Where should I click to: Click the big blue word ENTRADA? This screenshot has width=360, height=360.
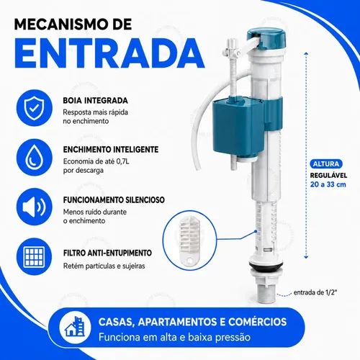click(x=109, y=53)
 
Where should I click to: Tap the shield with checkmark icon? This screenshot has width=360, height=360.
click(x=35, y=108)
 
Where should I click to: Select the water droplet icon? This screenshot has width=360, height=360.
click(x=35, y=158)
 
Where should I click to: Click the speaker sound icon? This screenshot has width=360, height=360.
click(x=35, y=207)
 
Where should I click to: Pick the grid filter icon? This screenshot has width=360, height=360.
click(x=35, y=256)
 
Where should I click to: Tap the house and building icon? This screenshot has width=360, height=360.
click(x=75, y=327)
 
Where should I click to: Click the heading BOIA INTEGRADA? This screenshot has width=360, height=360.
click(x=95, y=101)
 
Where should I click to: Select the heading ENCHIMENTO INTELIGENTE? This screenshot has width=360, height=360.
click(x=111, y=150)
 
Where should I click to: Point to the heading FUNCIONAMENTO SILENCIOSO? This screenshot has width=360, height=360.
click(x=114, y=200)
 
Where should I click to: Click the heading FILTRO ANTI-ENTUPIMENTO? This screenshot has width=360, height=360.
click(x=107, y=253)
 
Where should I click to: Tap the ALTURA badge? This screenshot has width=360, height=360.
click(x=326, y=164)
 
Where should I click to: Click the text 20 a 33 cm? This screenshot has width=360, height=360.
click(x=328, y=184)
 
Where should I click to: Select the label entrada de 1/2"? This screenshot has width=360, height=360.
click(x=315, y=292)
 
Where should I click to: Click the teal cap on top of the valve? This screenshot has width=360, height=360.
click(x=267, y=37)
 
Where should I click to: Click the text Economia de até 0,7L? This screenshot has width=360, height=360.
click(x=96, y=161)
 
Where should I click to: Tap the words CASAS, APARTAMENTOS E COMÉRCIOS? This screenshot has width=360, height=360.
click(x=192, y=322)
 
